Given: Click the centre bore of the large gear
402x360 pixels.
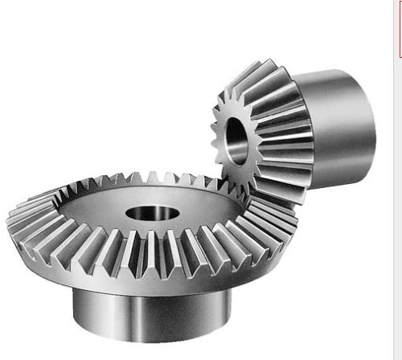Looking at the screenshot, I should coord(153,214).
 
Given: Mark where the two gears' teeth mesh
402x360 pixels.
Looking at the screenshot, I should coord(241,193).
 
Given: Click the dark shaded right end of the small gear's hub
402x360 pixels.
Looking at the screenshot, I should coord(366,129).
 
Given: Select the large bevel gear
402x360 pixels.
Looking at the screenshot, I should coord(80,233).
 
